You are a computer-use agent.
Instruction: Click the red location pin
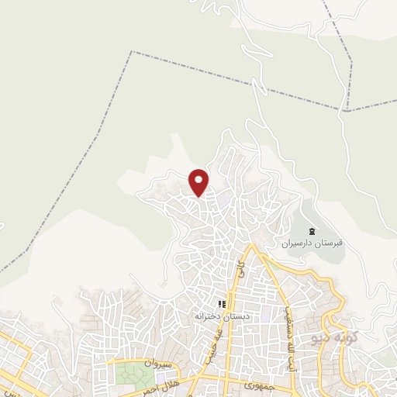[x=199, y=182]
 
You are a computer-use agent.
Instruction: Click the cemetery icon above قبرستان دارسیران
[x=312, y=231]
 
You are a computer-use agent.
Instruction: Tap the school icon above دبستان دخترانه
[x=221, y=304]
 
